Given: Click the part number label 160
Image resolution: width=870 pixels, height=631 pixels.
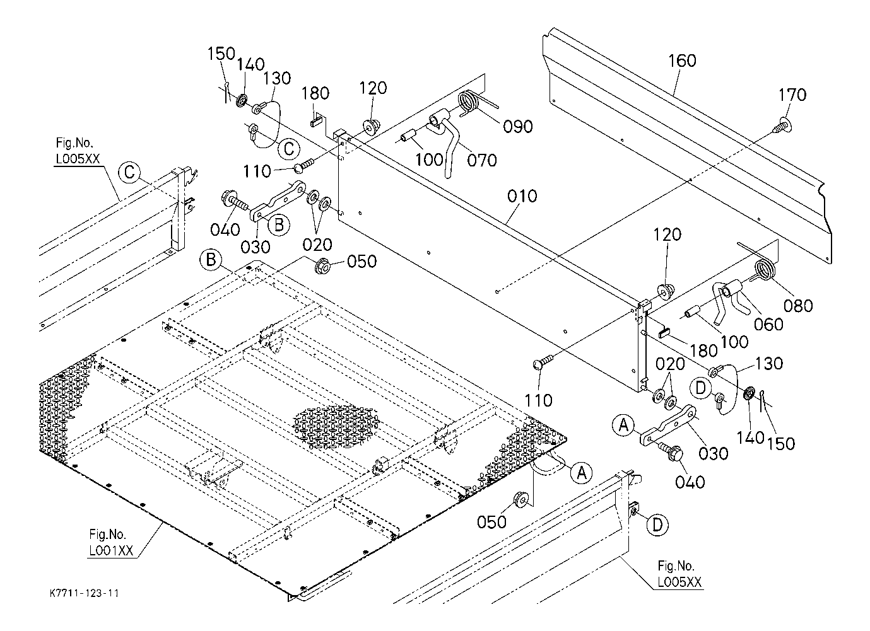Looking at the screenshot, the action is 683,61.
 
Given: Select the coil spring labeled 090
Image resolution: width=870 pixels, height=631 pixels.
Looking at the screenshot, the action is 471,103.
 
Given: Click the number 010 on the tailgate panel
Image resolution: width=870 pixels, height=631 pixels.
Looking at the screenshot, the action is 522,196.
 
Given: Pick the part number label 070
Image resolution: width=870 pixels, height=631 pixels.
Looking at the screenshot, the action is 481,160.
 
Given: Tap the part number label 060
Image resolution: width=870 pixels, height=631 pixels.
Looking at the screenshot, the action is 768,324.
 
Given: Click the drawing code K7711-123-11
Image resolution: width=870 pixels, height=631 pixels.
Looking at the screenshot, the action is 85,593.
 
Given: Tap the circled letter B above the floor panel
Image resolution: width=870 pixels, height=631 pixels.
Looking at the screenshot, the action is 211,259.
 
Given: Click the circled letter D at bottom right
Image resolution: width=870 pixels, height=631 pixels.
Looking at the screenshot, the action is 657,525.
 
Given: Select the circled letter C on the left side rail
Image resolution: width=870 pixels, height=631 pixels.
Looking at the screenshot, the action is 129,171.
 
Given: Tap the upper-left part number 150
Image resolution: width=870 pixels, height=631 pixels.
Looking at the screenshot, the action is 221,53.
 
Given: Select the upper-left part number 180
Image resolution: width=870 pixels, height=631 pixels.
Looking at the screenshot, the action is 315,93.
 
